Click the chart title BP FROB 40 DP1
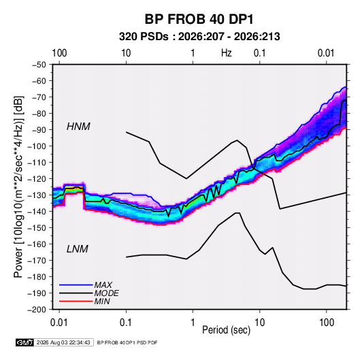199,19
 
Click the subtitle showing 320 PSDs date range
199,37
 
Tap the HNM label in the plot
78,127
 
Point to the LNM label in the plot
78,249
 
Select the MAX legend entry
103,285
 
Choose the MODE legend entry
107,293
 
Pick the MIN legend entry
102,301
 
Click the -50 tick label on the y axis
39,65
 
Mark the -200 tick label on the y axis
37,310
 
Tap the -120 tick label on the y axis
37,179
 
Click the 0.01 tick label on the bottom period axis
59,323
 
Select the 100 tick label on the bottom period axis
327,323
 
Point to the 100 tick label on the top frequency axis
59,53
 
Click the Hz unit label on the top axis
226,53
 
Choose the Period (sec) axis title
227,330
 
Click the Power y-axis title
18,187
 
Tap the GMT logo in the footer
24,342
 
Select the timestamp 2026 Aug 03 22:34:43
63,342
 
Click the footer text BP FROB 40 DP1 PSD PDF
127,342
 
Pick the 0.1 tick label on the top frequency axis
259,53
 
